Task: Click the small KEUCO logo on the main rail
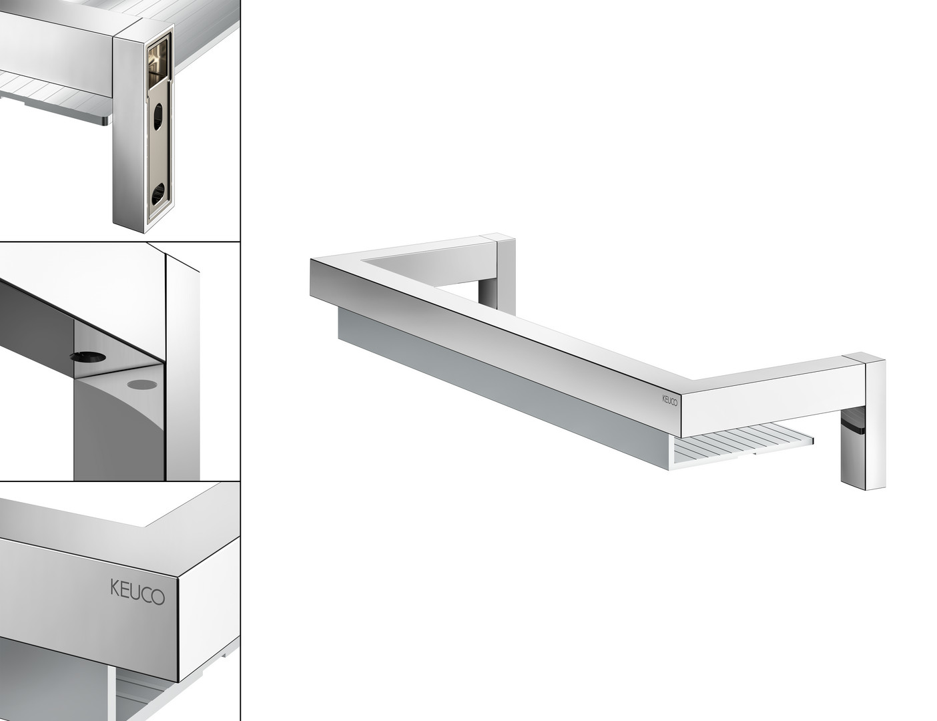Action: tap(669, 400)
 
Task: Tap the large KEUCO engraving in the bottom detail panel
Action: tap(137, 593)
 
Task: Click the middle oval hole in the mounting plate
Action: tap(158, 116)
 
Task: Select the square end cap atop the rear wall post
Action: tap(498, 237)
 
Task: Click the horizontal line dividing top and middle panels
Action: tap(120, 242)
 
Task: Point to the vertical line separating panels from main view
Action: tap(240, 360)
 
